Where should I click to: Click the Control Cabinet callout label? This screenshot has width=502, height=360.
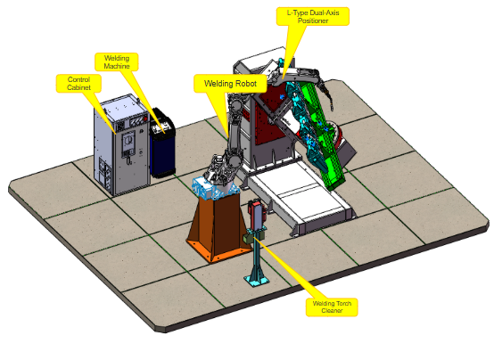point(78,84)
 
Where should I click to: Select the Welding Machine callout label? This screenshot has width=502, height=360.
point(117,62)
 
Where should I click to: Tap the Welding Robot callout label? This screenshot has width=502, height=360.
point(230,84)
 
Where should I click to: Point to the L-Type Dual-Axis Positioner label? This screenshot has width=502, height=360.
point(313,17)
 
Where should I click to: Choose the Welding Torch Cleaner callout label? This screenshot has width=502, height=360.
point(332,307)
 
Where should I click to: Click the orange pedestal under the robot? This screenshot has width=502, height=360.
point(218,227)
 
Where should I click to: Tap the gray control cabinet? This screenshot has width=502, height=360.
point(121,144)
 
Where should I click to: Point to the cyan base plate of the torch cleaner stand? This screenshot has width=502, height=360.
point(257,281)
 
